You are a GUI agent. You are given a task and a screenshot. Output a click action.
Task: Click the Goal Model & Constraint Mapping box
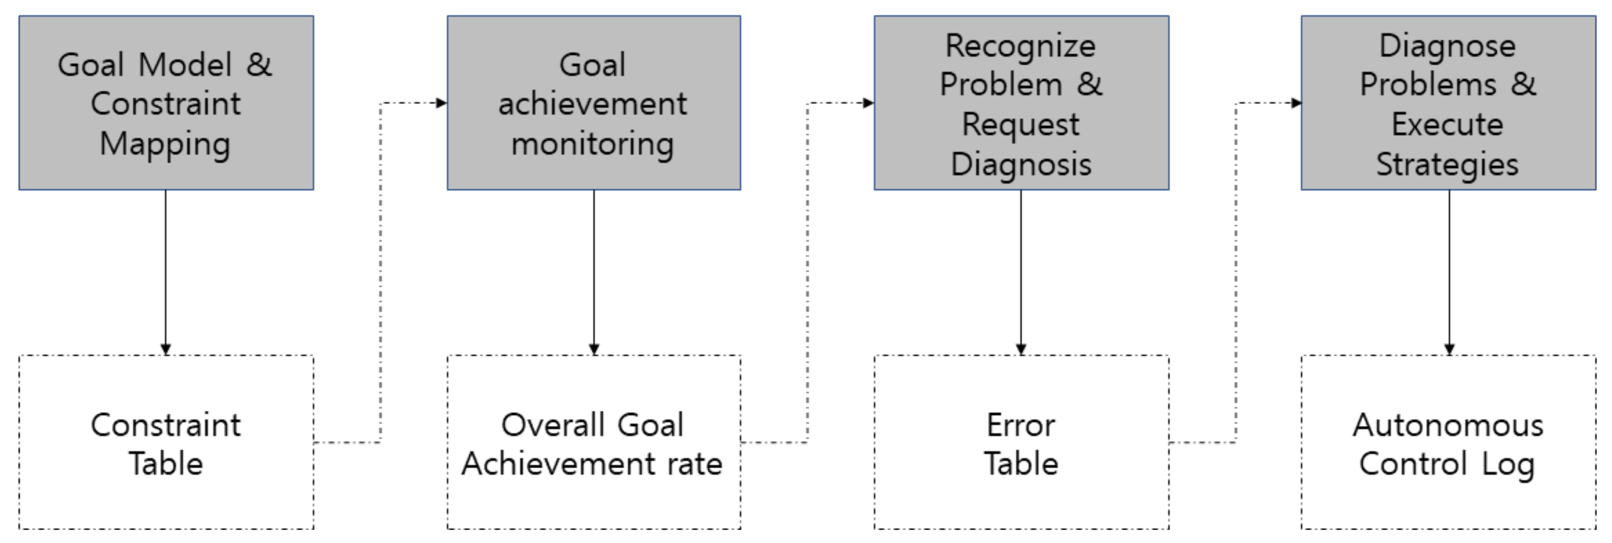[x=166, y=103]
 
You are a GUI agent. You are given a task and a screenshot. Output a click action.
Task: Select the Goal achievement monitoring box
[x=593, y=103]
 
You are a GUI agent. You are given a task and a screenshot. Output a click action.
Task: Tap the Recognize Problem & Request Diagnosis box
[x=1021, y=103]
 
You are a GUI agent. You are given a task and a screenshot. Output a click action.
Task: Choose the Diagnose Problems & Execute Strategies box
[x=1448, y=103]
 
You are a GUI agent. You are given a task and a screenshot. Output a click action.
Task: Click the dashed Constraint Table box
[x=166, y=443]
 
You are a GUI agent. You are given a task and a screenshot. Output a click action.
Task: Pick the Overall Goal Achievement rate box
[x=593, y=443]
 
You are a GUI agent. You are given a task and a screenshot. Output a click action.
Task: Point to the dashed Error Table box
[x=1021, y=443]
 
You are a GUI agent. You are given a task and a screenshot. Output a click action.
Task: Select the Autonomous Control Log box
[x=1448, y=443]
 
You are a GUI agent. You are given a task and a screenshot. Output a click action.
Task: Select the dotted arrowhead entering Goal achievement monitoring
[x=441, y=103]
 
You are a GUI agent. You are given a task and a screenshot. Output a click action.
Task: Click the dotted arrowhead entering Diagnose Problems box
[x=1296, y=103]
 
